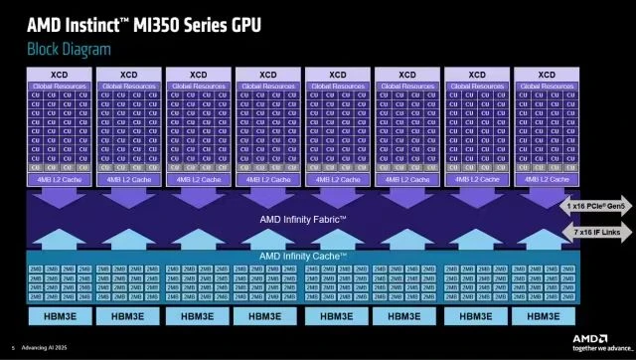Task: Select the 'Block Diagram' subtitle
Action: [69, 49]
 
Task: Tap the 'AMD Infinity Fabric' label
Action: [303, 219]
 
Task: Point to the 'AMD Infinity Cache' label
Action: [303, 256]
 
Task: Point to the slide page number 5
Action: [12, 348]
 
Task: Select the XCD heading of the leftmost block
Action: [60, 75]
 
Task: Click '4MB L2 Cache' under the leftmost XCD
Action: [60, 180]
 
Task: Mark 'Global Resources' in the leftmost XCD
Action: [60, 87]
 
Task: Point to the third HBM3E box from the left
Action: [198, 316]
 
